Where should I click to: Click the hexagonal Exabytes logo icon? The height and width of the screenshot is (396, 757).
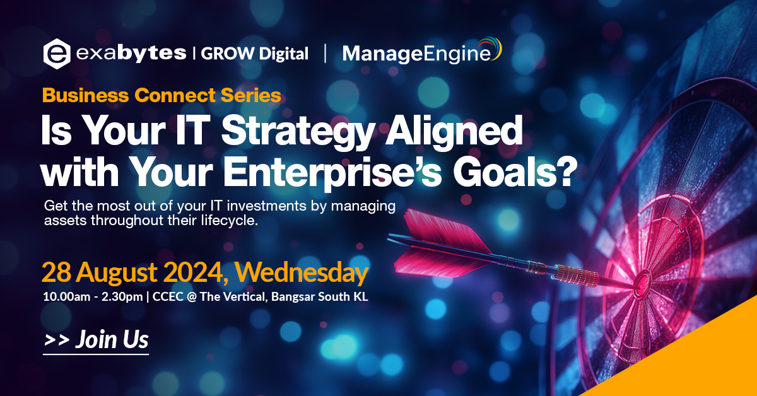[x=57, y=54]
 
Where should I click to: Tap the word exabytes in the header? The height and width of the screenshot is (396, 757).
[x=131, y=53]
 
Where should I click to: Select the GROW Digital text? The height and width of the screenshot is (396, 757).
[x=254, y=54]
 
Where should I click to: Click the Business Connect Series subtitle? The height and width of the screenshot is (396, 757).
[x=161, y=95]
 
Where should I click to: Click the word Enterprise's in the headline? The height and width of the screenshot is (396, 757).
[x=332, y=172]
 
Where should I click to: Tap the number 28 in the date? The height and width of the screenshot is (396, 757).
[x=56, y=272]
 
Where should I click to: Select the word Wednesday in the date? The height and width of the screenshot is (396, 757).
[x=302, y=272]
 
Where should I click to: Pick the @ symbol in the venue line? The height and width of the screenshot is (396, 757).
[x=192, y=296]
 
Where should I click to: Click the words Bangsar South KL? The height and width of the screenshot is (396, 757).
[x=319, y=296]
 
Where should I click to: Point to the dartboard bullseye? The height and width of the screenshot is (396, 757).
[x=643, y=281]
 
